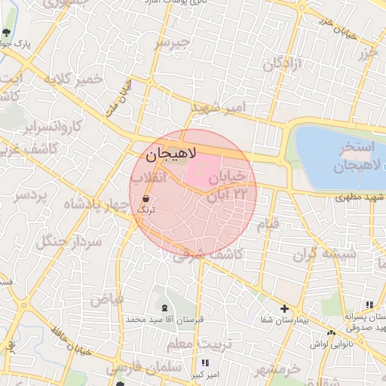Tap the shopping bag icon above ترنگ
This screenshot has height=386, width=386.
point(145,198)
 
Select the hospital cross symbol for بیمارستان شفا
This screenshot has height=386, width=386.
point(284,308)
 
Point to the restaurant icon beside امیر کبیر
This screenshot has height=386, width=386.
point(205,363)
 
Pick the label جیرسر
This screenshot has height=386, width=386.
point(170,44)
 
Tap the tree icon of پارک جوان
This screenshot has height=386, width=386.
point(7,32)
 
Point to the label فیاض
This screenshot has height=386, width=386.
point(106,299)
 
